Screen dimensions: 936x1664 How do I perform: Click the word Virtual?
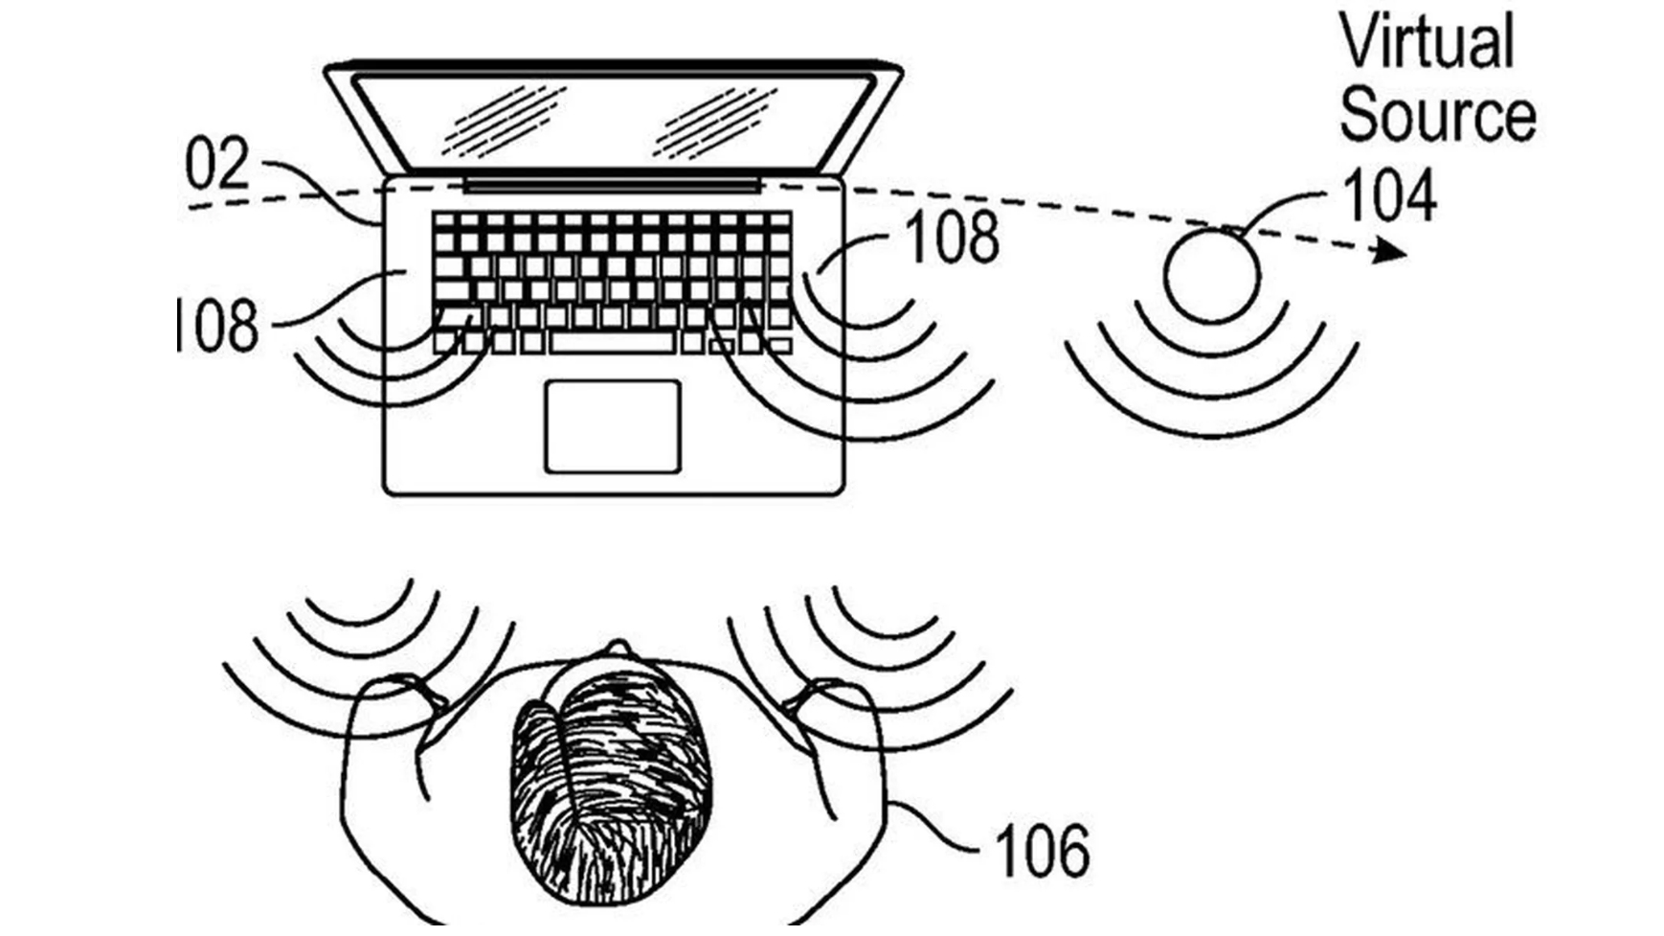tap(1426, 42)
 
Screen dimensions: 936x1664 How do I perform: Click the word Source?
tap(1436, 117)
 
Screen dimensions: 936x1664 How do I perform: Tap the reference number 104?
tap(1390, 197)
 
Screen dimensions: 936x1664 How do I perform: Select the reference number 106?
tap(1042, 851)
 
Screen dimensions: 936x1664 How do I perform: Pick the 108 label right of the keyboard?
tap(952, 237)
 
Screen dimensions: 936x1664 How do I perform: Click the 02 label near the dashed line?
tap(217, 165)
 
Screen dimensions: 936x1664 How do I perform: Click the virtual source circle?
tap(1211, 275)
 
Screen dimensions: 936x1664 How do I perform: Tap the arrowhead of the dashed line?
tap(1391, 253)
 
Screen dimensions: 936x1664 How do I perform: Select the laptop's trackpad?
tap(613, 426)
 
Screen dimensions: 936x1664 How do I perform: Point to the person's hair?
tap(613, 786)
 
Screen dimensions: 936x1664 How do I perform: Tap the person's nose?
tap(618, 648)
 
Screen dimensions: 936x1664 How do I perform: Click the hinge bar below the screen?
tap(613, 183)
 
